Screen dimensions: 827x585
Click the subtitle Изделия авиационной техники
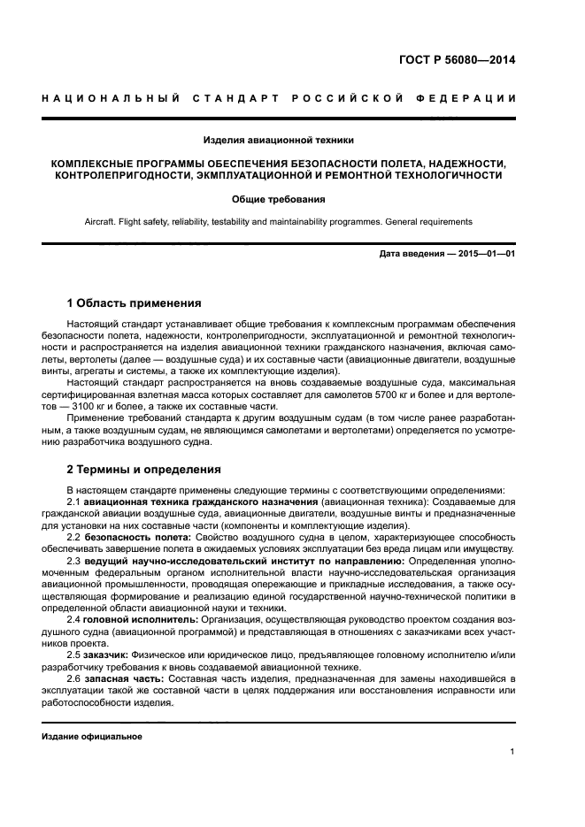[279, 140]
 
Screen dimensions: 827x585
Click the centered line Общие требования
[279, 199]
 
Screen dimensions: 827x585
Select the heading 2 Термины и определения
[144, 469]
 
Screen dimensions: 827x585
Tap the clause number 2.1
[73, 502]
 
